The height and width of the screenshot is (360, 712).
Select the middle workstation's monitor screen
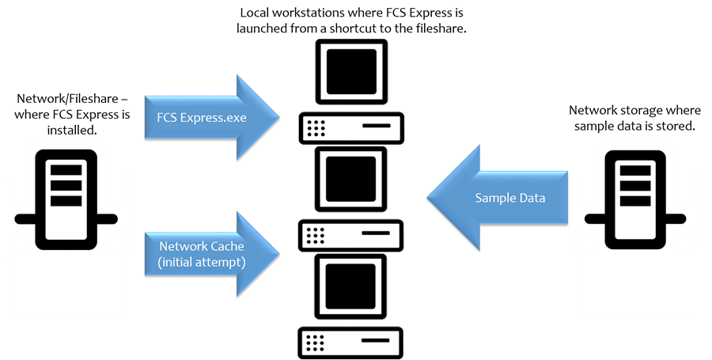click(x=351, y=176)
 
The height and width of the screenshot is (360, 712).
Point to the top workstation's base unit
click(x=351, y=126)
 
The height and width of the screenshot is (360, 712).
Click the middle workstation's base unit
click(x=351, y=234)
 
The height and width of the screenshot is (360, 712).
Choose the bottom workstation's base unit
click(x=351, y=342)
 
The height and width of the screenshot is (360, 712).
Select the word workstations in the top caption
click(x=310, y=13)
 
